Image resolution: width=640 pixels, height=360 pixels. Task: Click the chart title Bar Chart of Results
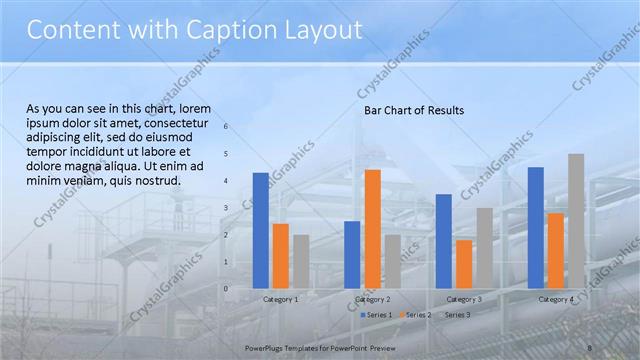(413, 111)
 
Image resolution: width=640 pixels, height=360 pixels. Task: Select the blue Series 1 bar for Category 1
(260, 230)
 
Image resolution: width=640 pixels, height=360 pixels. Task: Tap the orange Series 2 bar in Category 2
(372, 228)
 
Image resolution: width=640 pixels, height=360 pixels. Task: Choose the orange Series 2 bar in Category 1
(280, 255)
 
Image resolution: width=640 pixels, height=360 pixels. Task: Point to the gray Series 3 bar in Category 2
(392, 261)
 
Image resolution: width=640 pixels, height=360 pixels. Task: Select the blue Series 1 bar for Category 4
(535, 227)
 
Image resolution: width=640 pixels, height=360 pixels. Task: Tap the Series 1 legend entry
(377, 315)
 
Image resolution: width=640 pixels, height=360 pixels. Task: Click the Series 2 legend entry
(417, 315)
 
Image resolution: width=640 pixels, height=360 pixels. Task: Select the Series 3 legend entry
(456, 315)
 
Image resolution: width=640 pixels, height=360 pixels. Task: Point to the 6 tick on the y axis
(226, 127)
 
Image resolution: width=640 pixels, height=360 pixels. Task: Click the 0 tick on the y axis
(226, 289)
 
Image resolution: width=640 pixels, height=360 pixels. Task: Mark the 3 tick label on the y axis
(226, 208)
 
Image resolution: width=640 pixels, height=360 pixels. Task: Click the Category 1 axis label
(280, 299)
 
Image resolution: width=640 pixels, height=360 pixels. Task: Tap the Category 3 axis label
(463, 299)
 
